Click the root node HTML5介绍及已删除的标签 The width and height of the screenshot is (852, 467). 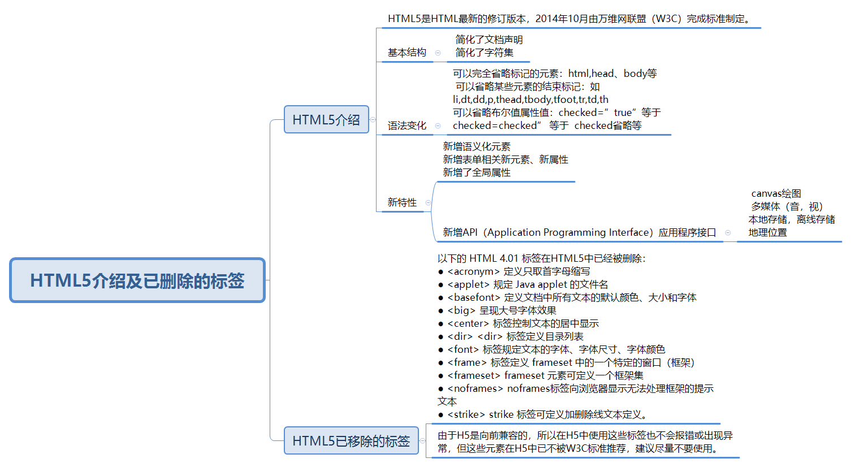click(137, 280)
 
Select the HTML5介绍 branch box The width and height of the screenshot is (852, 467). click(326, 119)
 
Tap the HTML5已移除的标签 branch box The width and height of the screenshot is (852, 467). click(351, 440)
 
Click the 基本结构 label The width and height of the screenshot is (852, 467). click(406, 53)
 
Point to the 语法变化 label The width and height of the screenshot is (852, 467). click(406, 126)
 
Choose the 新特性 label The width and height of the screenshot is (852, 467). click(402, 202)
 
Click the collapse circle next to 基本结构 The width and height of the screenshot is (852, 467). click(438, 53)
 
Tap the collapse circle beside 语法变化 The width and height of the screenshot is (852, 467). click(438, 126)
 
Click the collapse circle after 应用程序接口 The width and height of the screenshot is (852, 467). click(728, 232)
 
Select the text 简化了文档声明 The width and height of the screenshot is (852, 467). click(489, 40)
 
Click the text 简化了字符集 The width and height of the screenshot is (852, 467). click(485, 53)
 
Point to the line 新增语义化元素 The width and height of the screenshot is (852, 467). click(477, 146)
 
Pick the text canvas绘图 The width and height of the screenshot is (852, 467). click(776, 193)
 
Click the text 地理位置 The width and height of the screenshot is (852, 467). click(767, 232)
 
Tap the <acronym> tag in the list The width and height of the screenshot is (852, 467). click(473, 271)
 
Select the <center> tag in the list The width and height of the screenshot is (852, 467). click(468, 323)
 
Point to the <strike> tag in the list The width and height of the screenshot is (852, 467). click(466, 414)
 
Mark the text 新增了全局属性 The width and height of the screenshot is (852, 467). click(477, 172)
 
